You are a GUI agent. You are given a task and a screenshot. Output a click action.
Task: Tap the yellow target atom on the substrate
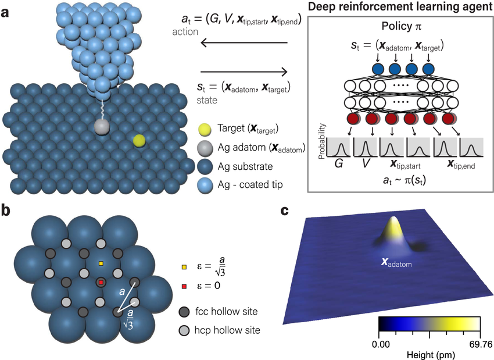(138, 140)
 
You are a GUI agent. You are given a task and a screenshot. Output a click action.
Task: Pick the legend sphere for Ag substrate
(204, 167)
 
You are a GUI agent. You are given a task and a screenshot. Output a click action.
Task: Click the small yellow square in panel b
(101, 264)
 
